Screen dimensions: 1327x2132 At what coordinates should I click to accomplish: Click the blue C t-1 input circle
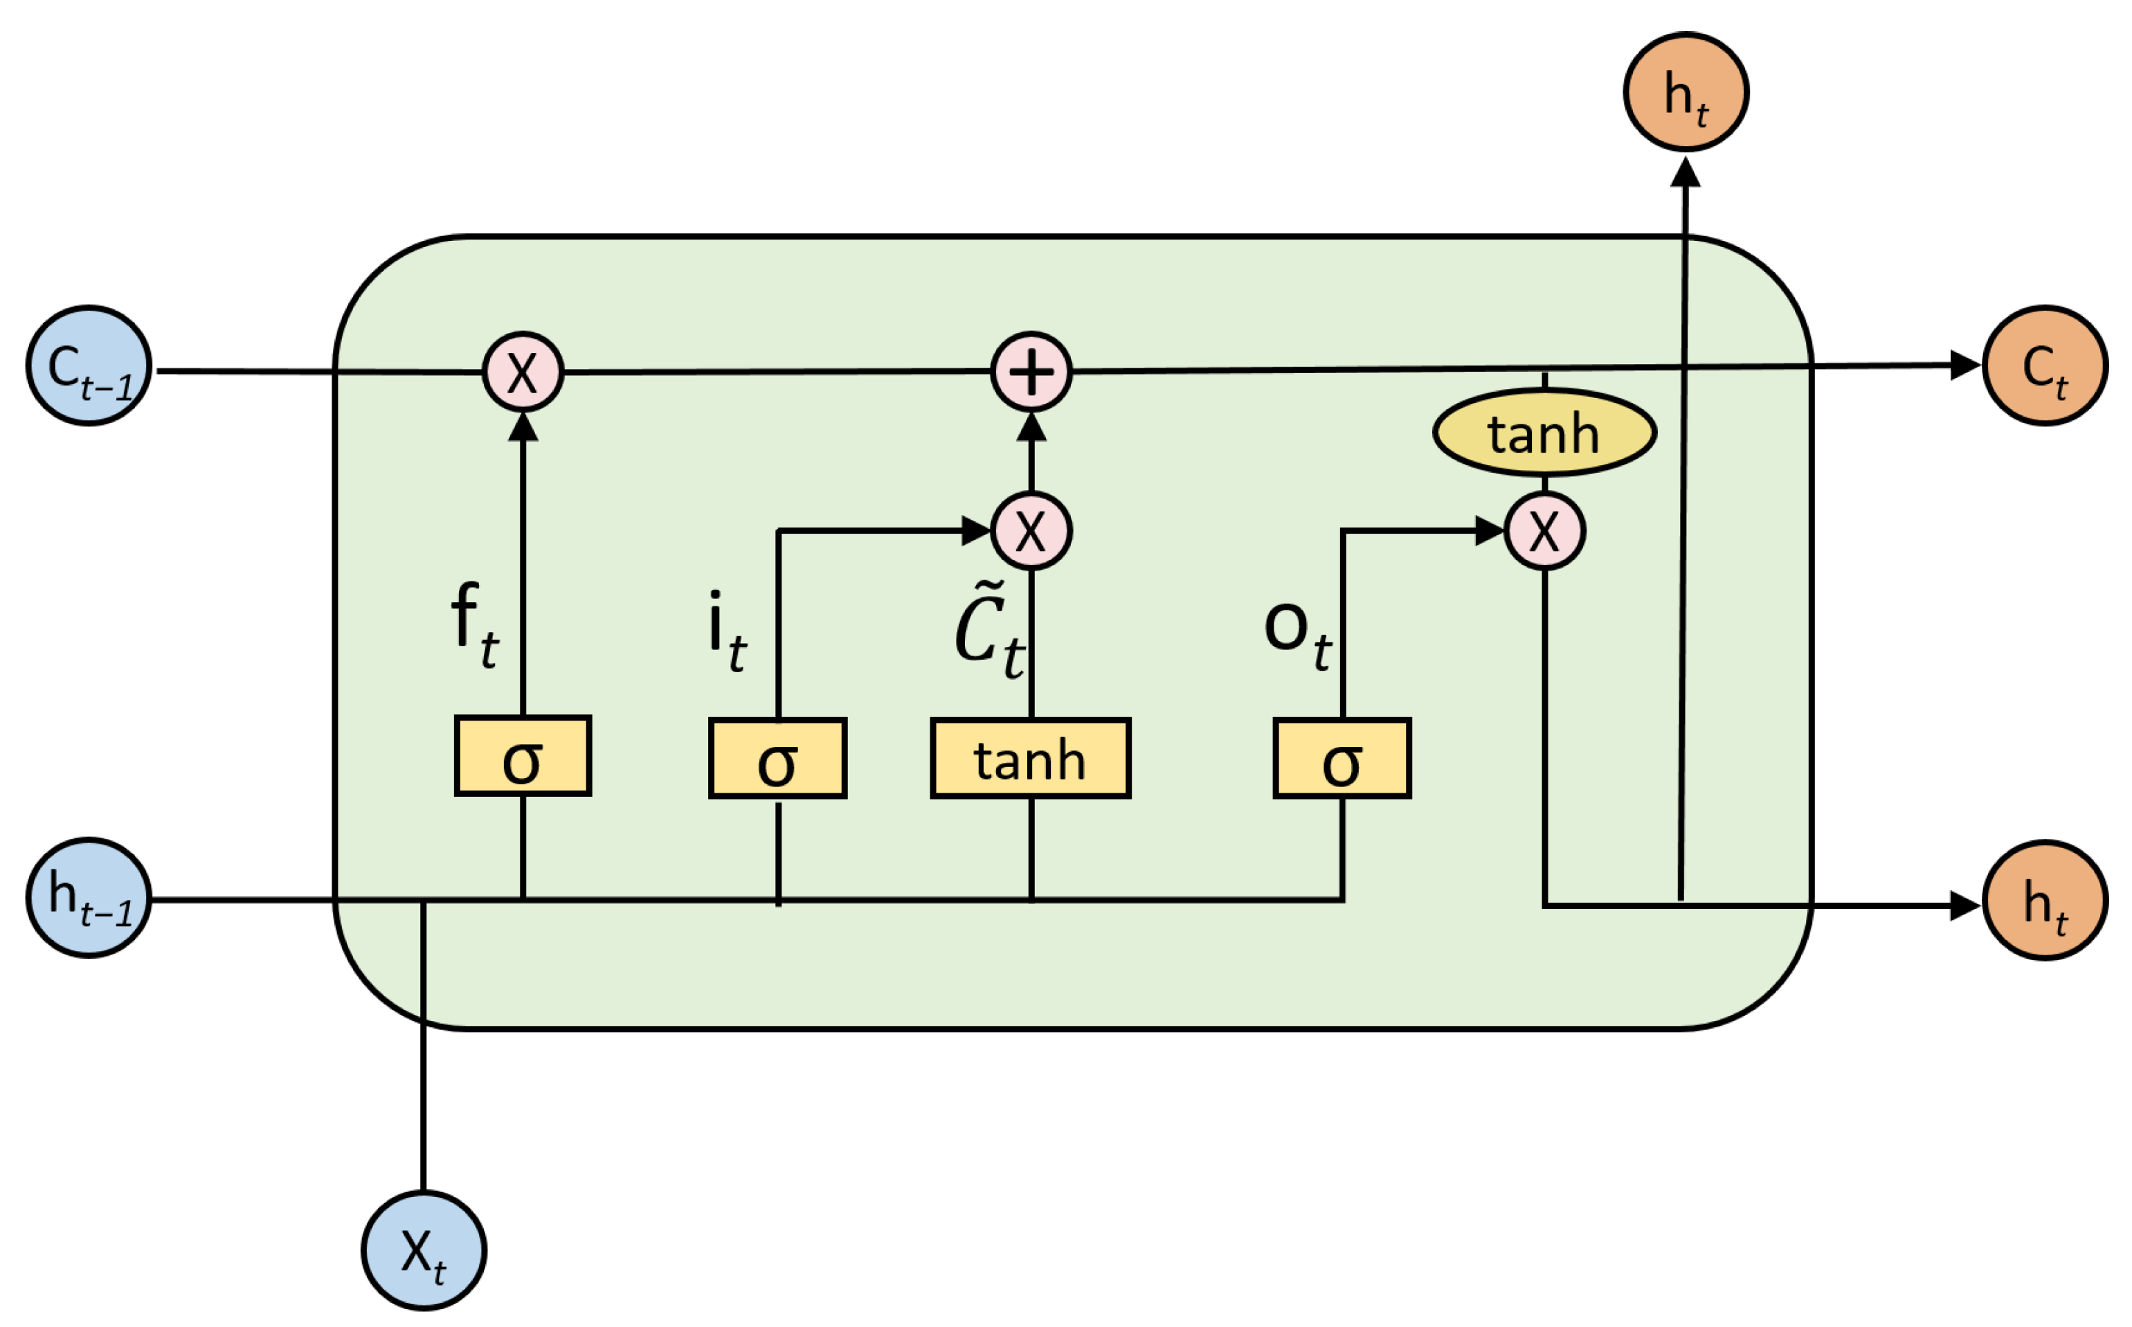[x=89, y=366]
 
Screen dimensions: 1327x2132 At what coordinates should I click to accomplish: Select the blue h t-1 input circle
[x=89, y=899]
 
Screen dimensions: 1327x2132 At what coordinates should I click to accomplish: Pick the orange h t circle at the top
[x=1686, y=92]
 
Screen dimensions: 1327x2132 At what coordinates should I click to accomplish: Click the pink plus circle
[x=1031, y=372]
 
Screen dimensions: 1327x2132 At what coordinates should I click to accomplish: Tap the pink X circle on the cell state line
[x=523, y=372]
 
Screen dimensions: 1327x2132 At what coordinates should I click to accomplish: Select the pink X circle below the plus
[x=1031, y=531]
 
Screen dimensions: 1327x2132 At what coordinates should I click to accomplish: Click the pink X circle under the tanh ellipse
[x=1544, y=531]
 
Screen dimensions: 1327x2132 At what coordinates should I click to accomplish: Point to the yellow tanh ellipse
[x=1544, y=433]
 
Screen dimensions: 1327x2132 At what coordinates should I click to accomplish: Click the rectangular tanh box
[x=1030, y=758]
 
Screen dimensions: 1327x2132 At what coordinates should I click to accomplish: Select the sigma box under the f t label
[x=523, y=757]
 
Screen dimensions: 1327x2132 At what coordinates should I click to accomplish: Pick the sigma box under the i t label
[x=777, y=758]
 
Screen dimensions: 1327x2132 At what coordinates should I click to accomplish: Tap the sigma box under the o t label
[x=1341, y=758]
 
